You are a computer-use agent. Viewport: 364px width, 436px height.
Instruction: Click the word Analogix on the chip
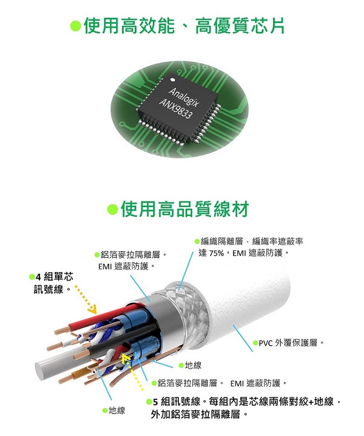tap(184, 97)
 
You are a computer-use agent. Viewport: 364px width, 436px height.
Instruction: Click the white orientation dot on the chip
tap(173, 80)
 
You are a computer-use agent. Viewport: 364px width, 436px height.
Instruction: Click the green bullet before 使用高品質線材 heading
tap(113, 209)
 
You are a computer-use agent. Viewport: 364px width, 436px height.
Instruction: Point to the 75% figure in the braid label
tap(215, 253)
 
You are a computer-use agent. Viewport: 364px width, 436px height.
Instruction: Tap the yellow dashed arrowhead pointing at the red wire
tap(92, 309)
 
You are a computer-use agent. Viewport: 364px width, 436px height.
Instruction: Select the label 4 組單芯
tap(55, 277)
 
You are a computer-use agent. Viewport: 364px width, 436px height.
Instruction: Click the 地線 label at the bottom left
tap(117, 411)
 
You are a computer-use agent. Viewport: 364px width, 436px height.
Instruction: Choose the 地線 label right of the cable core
tap(193, 365)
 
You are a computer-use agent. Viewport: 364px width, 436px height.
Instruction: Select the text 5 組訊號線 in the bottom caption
tap(176, 402)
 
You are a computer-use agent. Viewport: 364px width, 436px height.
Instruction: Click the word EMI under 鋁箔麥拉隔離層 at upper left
tap(105, 267)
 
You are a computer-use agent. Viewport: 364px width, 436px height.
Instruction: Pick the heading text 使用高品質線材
tap(185, 209)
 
